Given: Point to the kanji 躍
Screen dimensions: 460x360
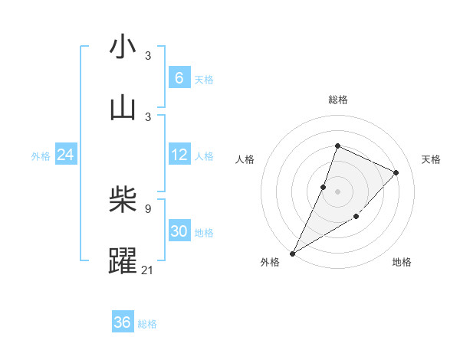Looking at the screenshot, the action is (123, 260).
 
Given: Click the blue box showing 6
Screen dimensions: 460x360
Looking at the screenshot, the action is (179, 77).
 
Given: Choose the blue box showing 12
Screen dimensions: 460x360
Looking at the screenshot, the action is (179, 155).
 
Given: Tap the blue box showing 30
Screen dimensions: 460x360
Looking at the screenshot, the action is (179, 231).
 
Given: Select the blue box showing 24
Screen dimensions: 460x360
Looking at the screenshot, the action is (65, 155).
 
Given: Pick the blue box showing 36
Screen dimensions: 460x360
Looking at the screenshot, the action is (122, 322).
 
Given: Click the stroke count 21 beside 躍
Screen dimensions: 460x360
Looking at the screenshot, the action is (148, 269).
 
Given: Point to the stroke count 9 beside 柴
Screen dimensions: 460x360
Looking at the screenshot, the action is (148, 208).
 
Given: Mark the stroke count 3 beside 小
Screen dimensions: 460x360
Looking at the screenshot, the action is (148, 55).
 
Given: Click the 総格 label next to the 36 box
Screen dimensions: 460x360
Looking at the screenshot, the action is (147, 324).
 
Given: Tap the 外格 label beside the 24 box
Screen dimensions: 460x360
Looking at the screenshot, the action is (41, 156).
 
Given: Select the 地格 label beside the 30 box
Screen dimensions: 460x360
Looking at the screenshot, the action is (204, 233).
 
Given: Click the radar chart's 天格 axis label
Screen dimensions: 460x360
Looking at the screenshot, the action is (431, 159).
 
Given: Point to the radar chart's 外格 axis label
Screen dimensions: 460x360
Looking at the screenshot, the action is (270, 262).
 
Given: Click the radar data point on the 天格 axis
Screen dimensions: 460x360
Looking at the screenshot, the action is (396, 172).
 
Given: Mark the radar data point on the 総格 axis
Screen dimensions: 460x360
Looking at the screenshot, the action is (337, 146).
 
